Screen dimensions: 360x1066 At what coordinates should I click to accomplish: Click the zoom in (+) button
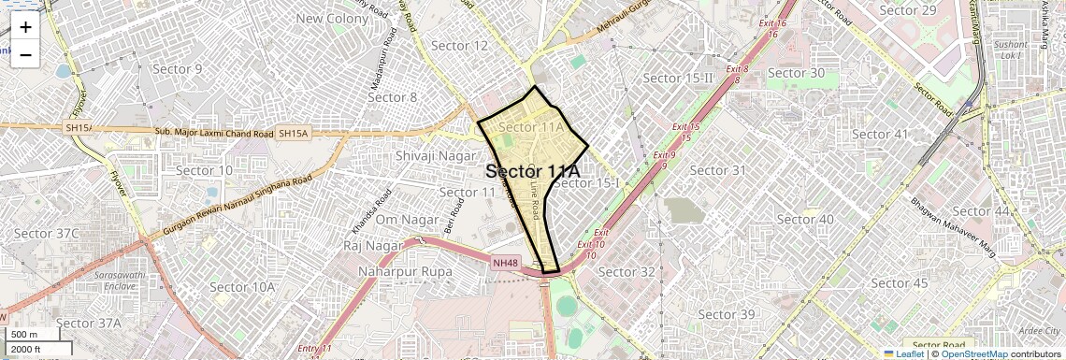[x=25, y=27]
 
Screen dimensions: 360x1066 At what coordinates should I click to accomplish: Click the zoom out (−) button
[x=25, y=55]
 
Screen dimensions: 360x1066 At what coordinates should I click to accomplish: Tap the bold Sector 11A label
[x=533, y=172]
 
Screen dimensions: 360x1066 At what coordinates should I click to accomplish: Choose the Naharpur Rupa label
[x=405, y=271]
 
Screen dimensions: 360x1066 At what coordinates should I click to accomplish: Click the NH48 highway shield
[x=505, y=264]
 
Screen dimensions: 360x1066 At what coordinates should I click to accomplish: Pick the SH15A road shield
[x=293, y=134]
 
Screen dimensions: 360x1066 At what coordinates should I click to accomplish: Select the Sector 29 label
[x=908, y=10]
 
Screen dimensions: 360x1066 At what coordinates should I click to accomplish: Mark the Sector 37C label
[x=47, y=233]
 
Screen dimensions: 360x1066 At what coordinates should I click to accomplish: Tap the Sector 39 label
[x=727, y=314]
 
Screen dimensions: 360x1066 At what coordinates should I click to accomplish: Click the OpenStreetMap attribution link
[x=973, y=353]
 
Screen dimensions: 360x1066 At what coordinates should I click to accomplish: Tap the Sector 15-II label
[x=679, y=78]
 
